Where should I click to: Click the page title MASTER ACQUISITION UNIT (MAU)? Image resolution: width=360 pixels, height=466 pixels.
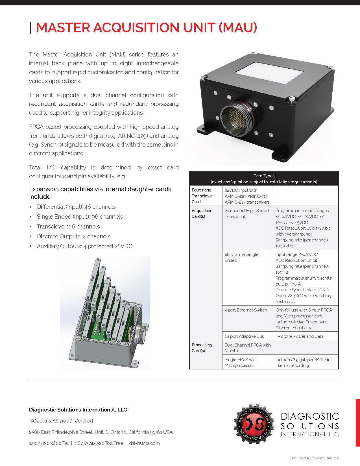click(x=146, y=27)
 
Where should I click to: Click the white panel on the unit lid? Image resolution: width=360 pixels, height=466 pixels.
click(x=269, y=69)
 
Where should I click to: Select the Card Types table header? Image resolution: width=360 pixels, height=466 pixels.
click(x=264, y=179)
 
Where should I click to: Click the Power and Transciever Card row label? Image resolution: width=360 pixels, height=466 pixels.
click(x=202, y=196)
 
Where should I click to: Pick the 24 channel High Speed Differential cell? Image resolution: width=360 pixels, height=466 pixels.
click(x=247, y=214)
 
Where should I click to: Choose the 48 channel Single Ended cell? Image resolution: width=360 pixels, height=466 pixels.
click(x=241, y=257)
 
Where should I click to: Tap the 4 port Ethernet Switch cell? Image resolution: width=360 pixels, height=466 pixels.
click(x=246, y=310)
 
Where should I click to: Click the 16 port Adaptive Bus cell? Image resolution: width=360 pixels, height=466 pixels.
click(x=244, y=336)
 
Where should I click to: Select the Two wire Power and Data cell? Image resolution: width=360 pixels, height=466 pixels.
click(x=299, y=336)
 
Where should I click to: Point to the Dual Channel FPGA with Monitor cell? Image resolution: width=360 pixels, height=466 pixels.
click(x=247, y=348)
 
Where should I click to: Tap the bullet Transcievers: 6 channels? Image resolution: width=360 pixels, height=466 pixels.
click(x=68, y=227)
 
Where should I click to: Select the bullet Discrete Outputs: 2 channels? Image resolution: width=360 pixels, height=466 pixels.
click(x=74, y=236)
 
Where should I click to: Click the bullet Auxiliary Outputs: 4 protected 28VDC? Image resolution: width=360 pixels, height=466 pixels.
click(x=84, y=246)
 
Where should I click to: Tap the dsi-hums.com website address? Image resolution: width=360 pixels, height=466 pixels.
click(x=144, y=443)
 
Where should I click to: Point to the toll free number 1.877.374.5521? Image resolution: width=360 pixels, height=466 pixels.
click(x=99, y=443)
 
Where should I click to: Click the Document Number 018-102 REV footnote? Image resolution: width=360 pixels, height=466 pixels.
click(x=314, y=458)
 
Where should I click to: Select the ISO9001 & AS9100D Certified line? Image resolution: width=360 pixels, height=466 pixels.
click(x=61, y=421)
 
